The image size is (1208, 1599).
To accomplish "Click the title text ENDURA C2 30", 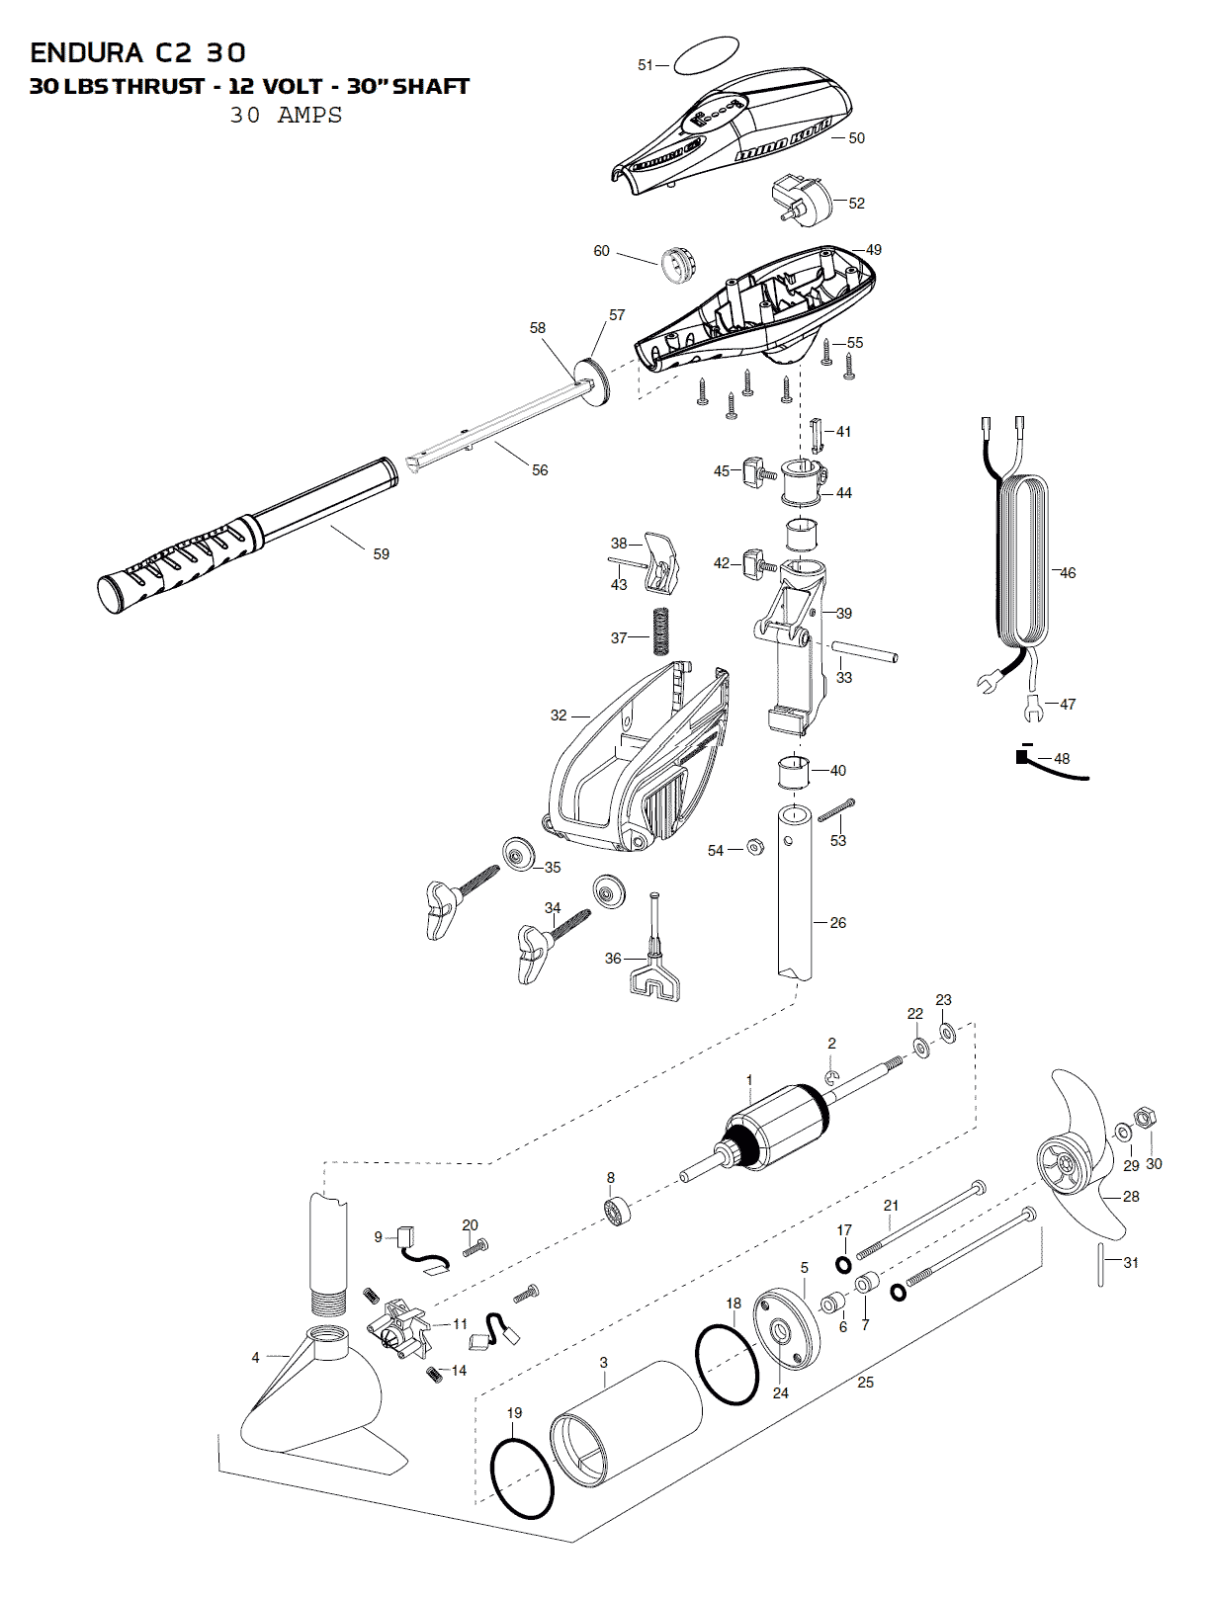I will [x=138, y=52].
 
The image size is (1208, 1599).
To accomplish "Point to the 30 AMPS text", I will [x=286, y=115].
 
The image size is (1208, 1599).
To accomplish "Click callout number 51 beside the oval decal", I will [x=646, y=65].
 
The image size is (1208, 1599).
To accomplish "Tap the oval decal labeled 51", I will [x=704, y=56].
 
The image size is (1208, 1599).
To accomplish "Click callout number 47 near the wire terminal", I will [x=1067, y=705].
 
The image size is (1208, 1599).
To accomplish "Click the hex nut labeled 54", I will [x=754, y=847].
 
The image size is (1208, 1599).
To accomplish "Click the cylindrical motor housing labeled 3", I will [x=623, y=1423].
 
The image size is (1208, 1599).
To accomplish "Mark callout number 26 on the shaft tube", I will [x=838, y=923].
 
